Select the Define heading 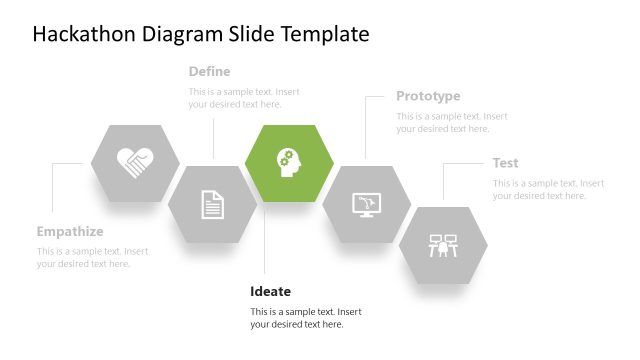click(209, 71)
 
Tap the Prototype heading click(428, 96)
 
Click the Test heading click(505, 163)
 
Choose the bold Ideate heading click(270, 291)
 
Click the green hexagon click(289, 163)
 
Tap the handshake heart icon click(135, 163)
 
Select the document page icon click(212, 204)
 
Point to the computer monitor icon click(366, 205)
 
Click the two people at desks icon click(443, 244)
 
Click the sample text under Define click(243, 98)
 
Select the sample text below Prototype click(451, 122)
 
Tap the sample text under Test click(548, 190)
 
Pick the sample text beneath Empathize click(92, 257)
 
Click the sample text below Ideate click(305, 317)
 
